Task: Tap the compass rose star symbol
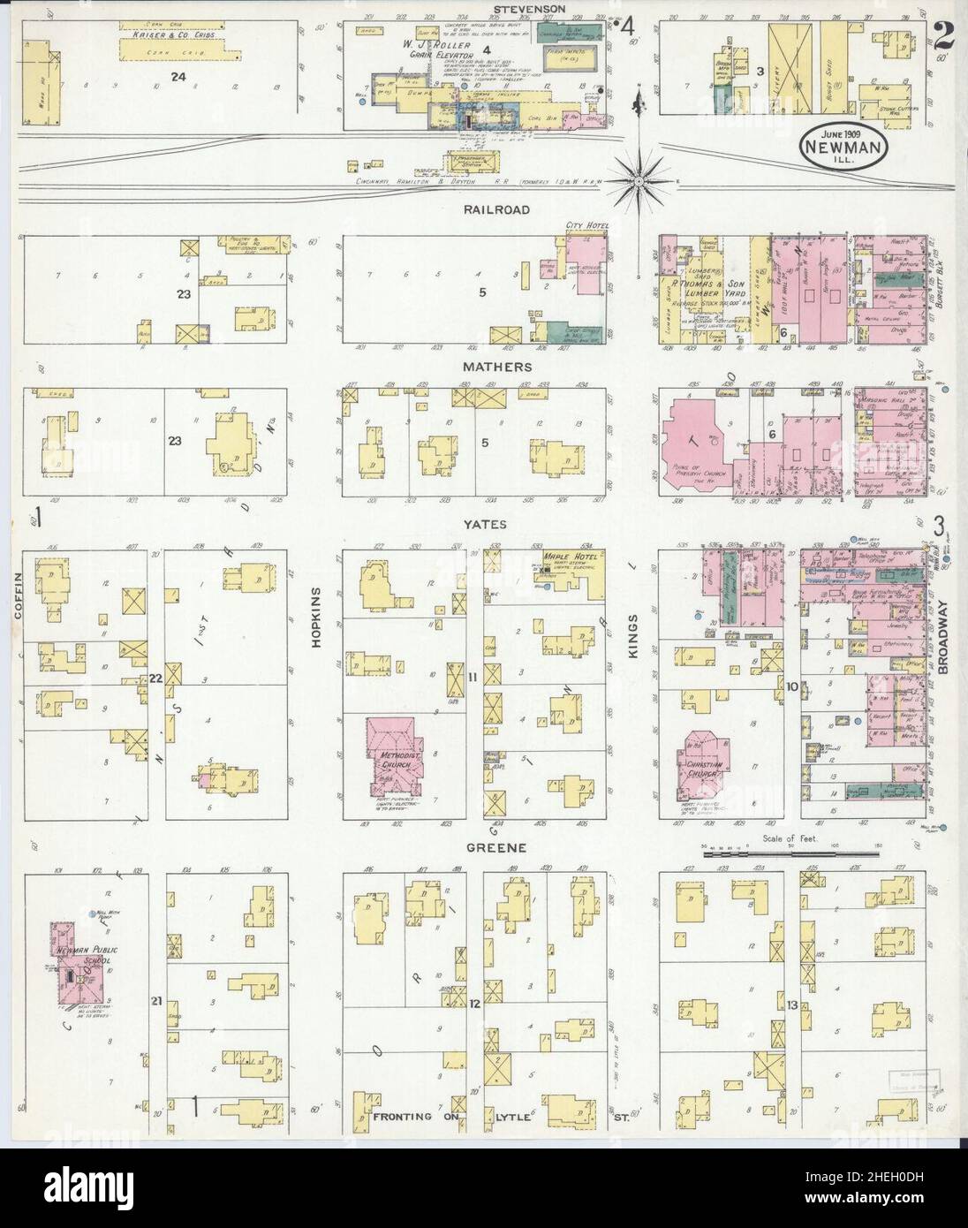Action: point(638,180)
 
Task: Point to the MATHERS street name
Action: point(502,365)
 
